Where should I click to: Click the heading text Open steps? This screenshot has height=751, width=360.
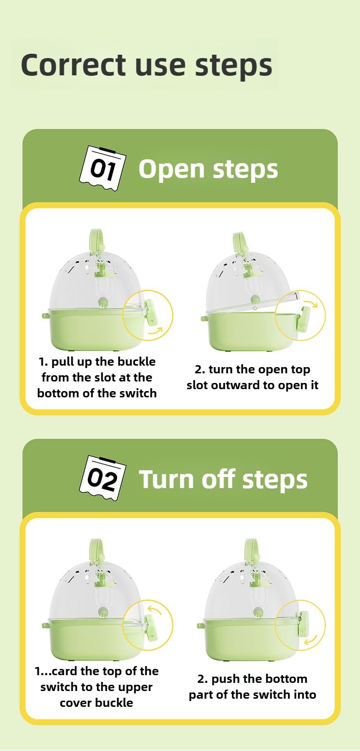pos(208,169)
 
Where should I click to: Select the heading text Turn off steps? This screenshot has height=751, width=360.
pos(223,479)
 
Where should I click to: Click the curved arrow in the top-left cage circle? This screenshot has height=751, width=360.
pos(155,331)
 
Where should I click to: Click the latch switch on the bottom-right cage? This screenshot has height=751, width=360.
pos(302,626)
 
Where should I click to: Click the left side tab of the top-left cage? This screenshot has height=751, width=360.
pos(45,316)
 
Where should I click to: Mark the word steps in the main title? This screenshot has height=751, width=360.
pos(233,65)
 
